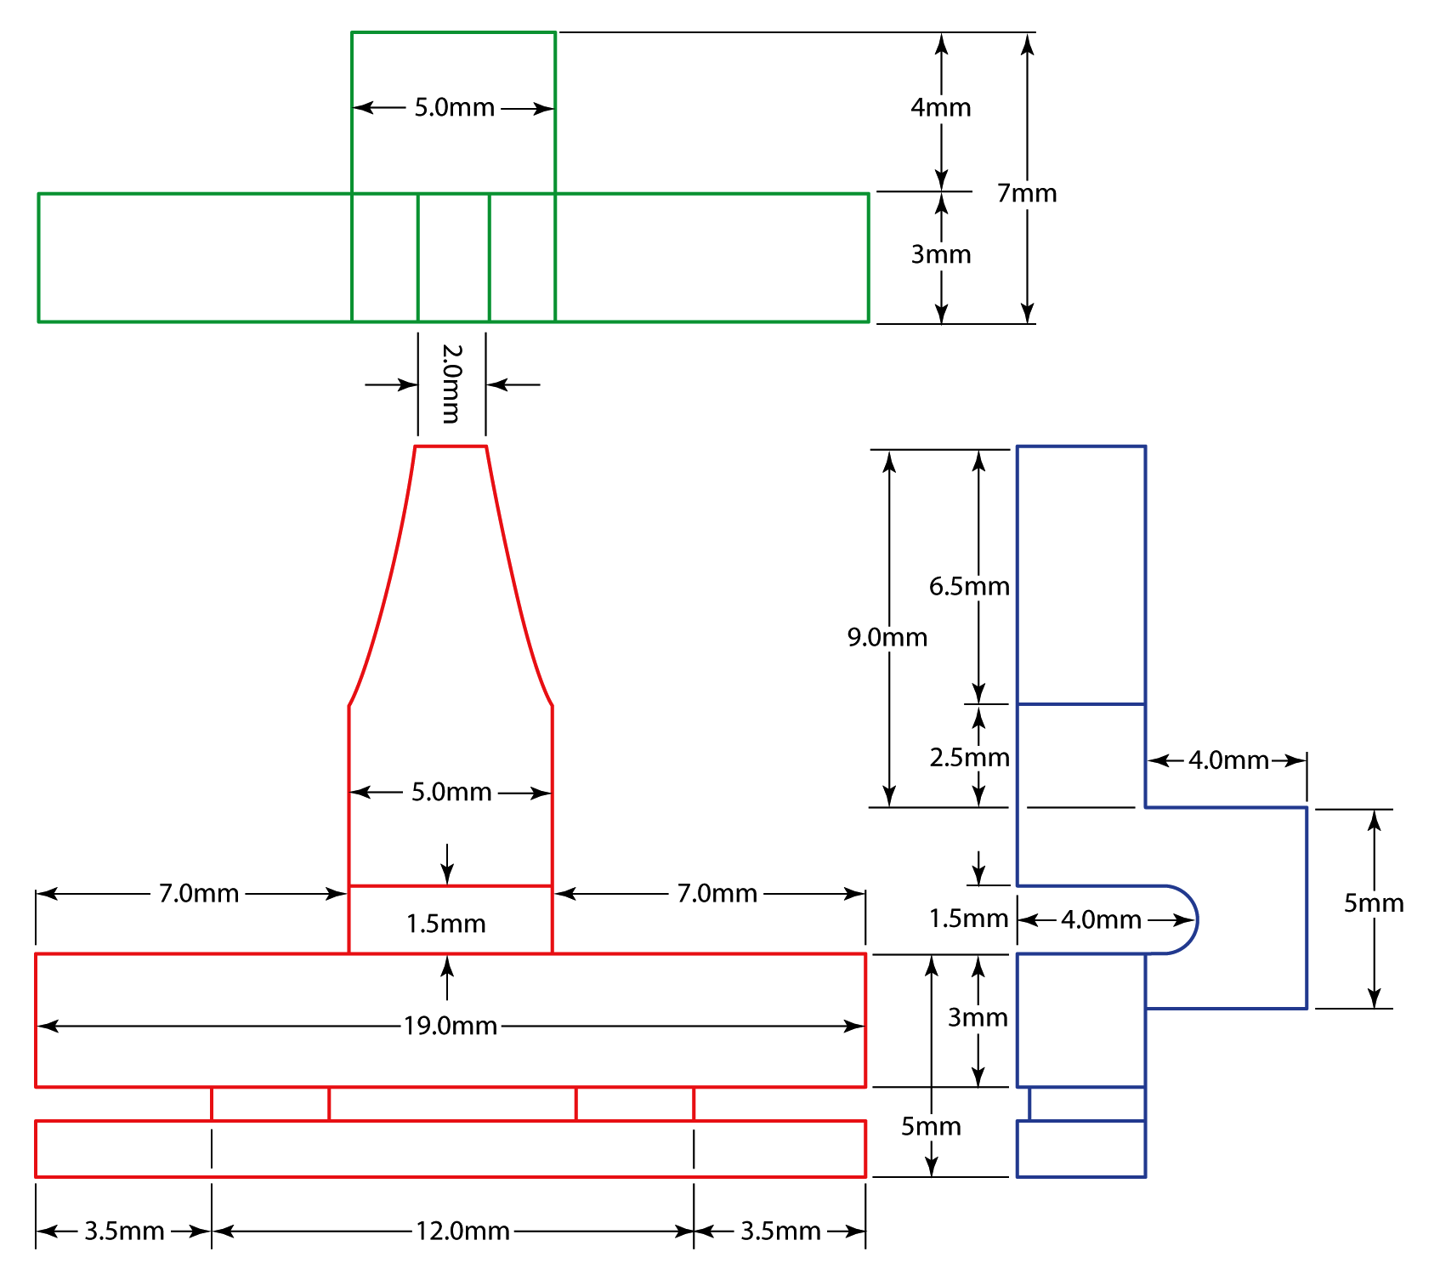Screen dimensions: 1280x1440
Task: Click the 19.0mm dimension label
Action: pyautogui.click(x=450, y=1026)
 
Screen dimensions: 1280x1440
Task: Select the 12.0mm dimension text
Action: pyautogui.click(x=462, y=1231)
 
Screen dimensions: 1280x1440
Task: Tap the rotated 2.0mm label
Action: pyautogui.click(x=451, y=384)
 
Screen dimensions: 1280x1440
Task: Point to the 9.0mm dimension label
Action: pyautogui.click(x=887, y=637)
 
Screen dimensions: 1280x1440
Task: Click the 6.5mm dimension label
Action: pyautogui.click(x=968, y=586)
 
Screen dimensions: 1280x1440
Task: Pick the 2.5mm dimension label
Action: pyautogui.click(x=969, y=757)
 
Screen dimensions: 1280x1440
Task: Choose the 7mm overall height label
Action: pyautogui.click(x=1027, y=193)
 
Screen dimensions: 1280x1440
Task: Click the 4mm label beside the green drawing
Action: pyautogui.click(x=940, y=107)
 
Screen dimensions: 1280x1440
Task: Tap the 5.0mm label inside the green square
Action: pyautogui.click(x=454, y=107)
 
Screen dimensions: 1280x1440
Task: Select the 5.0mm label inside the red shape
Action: pyautogui.click(x=451, y=792)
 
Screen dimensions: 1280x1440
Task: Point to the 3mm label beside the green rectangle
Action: pyautogui.click(x=940, y=254)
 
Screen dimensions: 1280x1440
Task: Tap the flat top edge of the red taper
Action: pyautogui.click(x=451, y=446)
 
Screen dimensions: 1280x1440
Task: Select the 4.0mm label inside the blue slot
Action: pyautogui.click(x=1101, y=919)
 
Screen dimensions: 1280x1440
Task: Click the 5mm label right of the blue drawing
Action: pyautogui.click(x=1373, y=902)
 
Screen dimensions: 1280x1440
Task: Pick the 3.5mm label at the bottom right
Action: pyautogui.click(x=780, y=1231)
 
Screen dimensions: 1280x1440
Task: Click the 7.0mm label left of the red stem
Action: pyautogui.click(x=199, y=893)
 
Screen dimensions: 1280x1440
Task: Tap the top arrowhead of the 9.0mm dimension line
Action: pyautogui.click(x=889, y=459)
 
